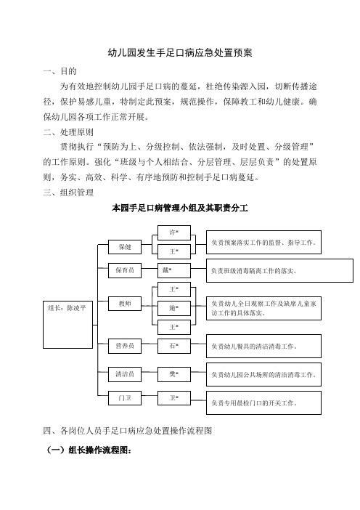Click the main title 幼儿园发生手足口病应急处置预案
click(x=180, y=53)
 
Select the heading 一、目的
click(x=60, y=71)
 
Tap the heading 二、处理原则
click(x=68, y=131)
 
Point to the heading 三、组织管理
click(x=68, y=193)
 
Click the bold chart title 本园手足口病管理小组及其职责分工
click(x=180, y=208)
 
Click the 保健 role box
click(x=125, y=247)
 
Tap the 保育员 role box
click(x=125, y=270)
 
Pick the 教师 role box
click(x=125, y=304)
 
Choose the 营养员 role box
click(x=125, y=346)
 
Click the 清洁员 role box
click(x=125, y=374)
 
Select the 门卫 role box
click(x=125, y=398)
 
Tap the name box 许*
click(x=174, y=232)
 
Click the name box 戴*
click(x=174, y=270)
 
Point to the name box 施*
click(x=174, y=308)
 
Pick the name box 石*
click(x=174, y=346)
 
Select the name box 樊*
click(x=174, y=374)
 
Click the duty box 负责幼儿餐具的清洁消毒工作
click(x=263, y=346)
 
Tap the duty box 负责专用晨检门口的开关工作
click(x=263, y=402)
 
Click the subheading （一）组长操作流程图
click(x=89, y=450)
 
